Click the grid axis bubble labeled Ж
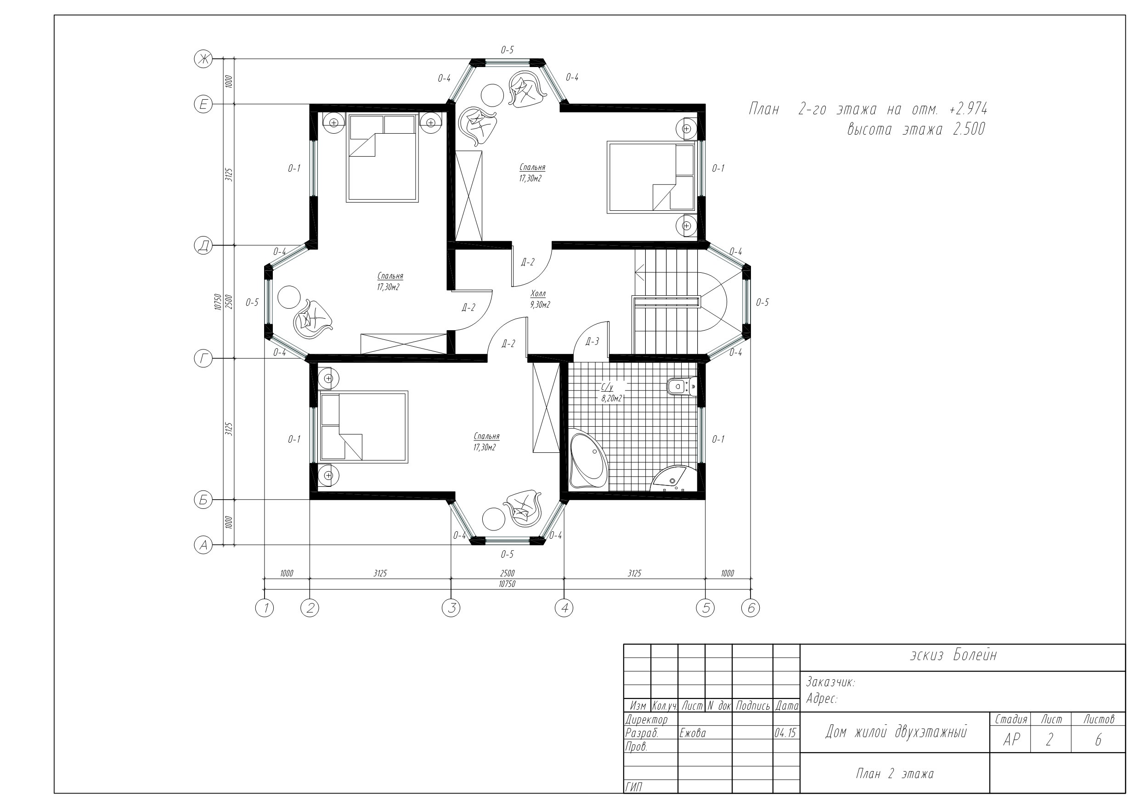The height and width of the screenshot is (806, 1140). click(x=203, y=59)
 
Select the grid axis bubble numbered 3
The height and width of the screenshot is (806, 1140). click(x=451, y=608)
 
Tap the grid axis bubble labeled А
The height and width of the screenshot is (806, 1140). click(x=203, y=545)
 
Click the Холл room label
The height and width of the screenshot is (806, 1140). click(x=538, y=293)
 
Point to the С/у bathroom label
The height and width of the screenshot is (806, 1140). click(x=607, y=387)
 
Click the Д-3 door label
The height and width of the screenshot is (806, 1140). click(x=593, y=342)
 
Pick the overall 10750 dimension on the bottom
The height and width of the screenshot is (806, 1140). click(x=507, y=584)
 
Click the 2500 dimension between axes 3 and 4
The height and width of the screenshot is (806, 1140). click(x=507, y=573)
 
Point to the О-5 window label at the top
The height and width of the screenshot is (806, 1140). click(x=507, y=50)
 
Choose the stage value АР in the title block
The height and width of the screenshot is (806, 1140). click(x=1011, y=740)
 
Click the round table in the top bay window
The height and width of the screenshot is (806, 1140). click(x=491, y=96)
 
